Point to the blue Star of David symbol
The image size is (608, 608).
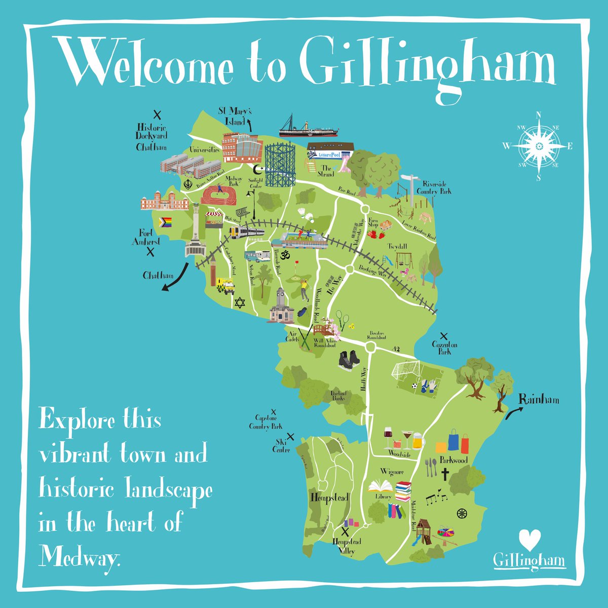click(x=239, y=302)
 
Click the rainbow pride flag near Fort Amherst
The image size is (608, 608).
click(x=166, y=222)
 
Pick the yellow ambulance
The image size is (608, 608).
click(x=225, y=286)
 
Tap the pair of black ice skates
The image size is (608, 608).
click(x=350, y=361)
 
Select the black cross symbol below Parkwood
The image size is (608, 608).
click(x=445, y=474)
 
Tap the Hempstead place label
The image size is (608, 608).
click(x=329, y=498)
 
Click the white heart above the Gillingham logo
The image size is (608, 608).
click(x=530, y=540)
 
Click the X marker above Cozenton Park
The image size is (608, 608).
click(x=444, y=335)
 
